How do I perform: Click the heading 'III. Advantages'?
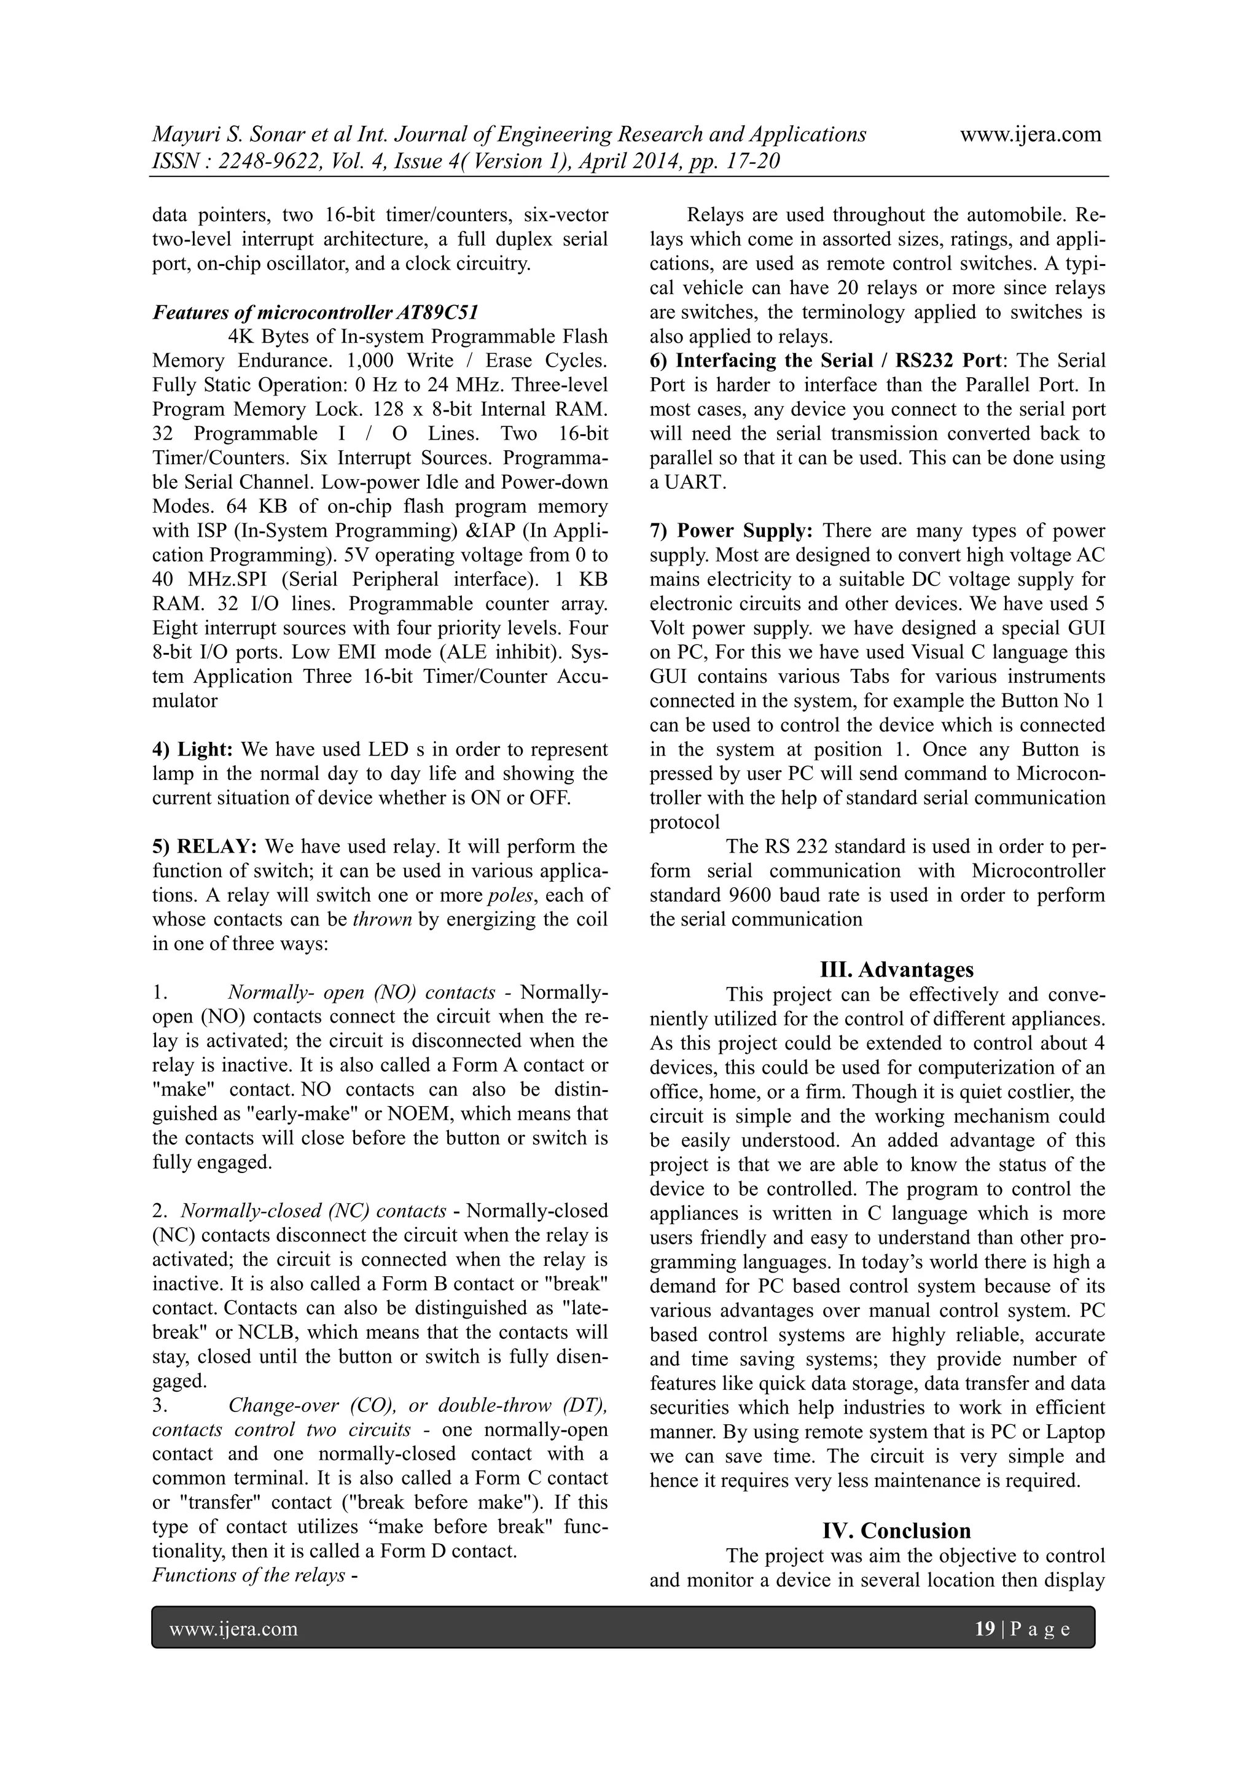pos(896,970)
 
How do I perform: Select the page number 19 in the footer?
pos(985,1629)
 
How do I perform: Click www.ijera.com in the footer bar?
pos(233,1629)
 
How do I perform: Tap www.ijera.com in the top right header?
pos(1030,134)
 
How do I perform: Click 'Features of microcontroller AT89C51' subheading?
pos(314,313)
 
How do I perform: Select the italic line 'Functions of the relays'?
pos(248,1575)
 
